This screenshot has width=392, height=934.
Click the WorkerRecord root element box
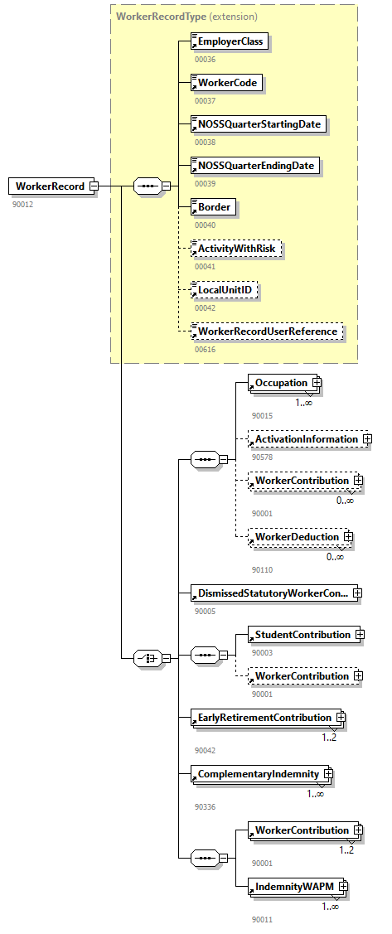pos(49,186)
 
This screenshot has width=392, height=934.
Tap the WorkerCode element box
pos(226,83)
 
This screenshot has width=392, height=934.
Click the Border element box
pos(213,207)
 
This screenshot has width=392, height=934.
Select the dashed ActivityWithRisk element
pos(235,249)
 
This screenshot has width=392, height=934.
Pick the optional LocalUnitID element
pos(225,290)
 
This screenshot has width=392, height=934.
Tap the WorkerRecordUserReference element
pos(266,331)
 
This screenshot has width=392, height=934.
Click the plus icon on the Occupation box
pos(316,383)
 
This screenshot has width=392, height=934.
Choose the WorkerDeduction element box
pos(295,537)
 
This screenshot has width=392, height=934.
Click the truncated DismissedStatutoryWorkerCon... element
pos(273,593)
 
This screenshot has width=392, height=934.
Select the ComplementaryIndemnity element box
pos(257,774)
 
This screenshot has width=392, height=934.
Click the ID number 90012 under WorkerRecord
pos(22,204)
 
